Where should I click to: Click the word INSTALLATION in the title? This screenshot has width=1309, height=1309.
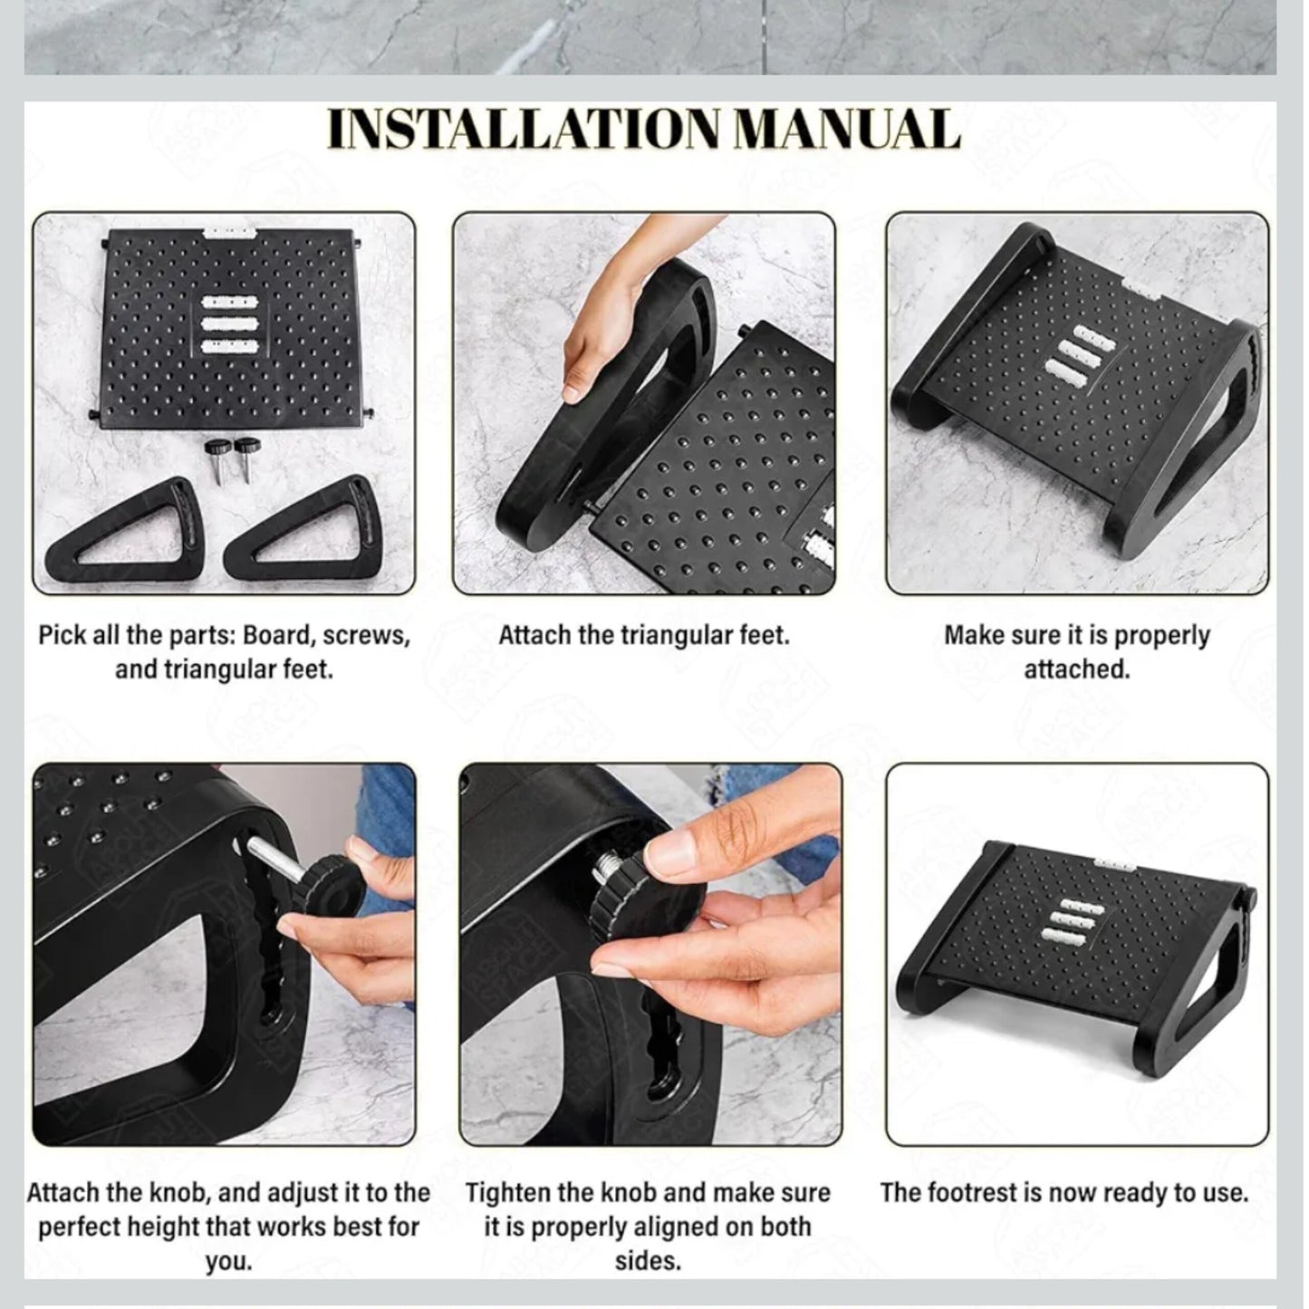pyautogui.click(x=523, y=129)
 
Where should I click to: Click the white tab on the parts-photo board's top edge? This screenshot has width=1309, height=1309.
pyautogui.click(x=229, y=232)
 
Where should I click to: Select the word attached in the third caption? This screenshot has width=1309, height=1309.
pyautogui.click(x=1076, y=669)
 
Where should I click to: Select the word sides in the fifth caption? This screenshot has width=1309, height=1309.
pyautogui.click(x=648, y=1262)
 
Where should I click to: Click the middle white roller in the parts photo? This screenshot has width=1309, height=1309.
pyautogui.click(x=229, y=324)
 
